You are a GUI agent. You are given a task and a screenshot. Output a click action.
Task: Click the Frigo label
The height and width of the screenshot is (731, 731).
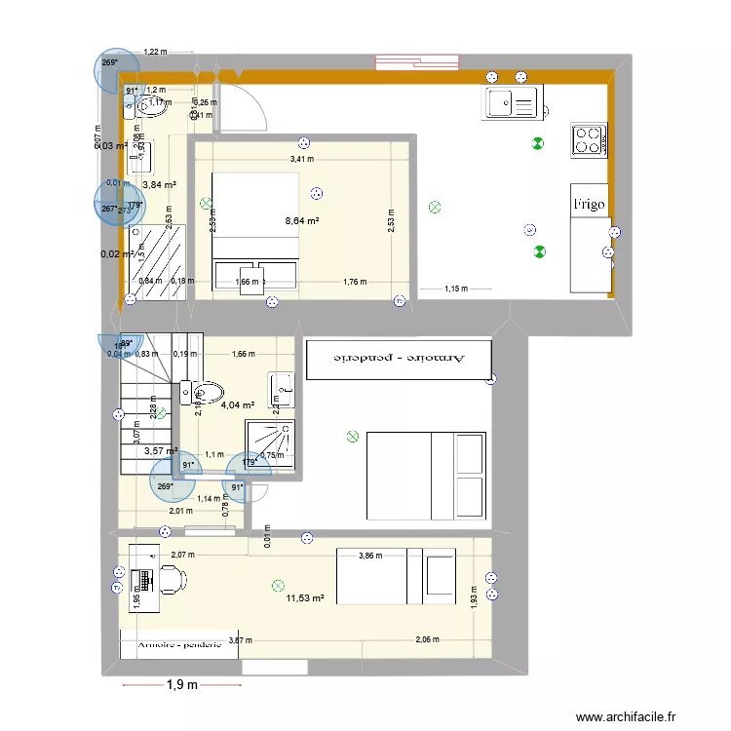point(589,205)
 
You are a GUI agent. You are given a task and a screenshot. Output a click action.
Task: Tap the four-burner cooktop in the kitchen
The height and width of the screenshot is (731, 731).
point(588,139)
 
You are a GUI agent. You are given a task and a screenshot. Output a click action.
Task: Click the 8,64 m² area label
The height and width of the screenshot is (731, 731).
point(302,221)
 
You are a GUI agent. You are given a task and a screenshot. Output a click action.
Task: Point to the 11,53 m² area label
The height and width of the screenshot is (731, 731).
point(305,599)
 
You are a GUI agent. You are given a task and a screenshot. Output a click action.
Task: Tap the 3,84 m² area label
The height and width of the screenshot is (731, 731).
point(159,184)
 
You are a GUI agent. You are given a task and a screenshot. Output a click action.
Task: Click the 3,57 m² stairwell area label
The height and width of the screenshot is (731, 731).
point(161,450)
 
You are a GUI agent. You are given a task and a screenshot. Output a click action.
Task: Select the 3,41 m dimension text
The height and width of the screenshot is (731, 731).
point(302,159)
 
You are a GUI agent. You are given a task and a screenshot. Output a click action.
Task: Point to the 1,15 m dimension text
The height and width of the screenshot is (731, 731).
point(456,289)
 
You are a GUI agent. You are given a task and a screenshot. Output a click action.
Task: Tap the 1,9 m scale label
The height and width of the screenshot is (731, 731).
point(183,685)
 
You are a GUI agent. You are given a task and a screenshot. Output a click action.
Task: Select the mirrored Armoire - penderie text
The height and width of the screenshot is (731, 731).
point(401,358)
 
